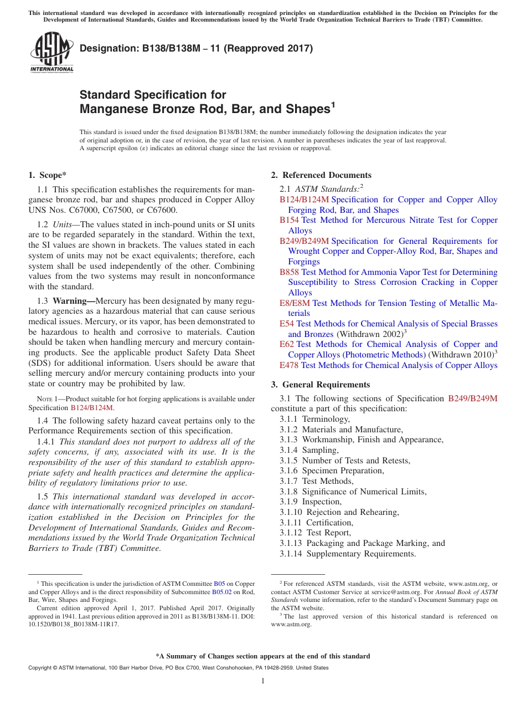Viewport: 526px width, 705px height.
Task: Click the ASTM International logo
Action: click(x=51, y=52)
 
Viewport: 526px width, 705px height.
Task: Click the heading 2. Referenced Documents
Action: click(x=321, y=175)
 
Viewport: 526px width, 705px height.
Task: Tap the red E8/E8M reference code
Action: click(x=295, y=303)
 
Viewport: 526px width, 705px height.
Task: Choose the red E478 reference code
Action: click(x=289, y=365)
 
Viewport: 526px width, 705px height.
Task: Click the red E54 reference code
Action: click(x=287, y=324)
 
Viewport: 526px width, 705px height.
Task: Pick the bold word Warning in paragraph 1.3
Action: click(x=73, y=301)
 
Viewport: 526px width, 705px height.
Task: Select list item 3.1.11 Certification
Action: click(x=316, y=523)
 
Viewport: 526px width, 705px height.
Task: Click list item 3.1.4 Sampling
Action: click(x=309, y=450)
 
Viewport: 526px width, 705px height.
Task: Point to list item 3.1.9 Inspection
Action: click(x=311, y=502)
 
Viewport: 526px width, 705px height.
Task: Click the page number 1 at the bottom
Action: click(x=263, y=681)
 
